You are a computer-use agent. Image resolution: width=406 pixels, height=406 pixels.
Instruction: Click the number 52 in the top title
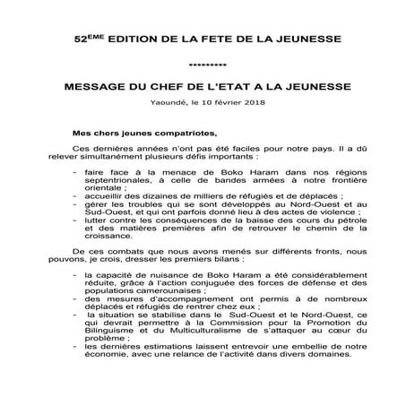79,43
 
